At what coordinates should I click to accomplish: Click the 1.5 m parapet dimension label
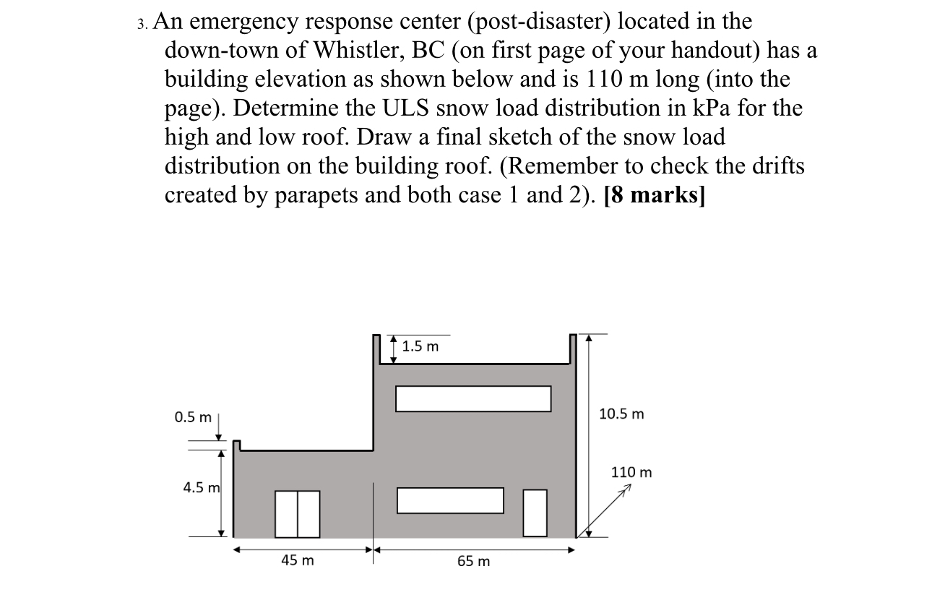[x=420, y=346]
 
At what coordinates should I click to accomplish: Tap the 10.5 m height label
[x=621, y=414]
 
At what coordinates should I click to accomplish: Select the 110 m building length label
[x=631, y=472]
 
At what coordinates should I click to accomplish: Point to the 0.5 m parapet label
[x=193, y=417]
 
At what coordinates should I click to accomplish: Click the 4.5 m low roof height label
[x=201, y=487]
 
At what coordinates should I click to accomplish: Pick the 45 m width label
[x=298, y=560]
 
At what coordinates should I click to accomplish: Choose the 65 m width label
[x=473, y=561]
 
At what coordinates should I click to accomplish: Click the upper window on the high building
[x=473, y=398]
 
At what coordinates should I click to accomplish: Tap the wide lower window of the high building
[x=450, y=500]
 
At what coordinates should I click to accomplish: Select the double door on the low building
[x=298, y=514]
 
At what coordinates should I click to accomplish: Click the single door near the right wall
[x=535, y=513]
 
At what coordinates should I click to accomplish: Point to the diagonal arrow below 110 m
[x=604, y=513]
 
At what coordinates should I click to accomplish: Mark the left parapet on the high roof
[x=376, y=349]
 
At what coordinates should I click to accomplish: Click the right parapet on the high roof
[x=573, y=349]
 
